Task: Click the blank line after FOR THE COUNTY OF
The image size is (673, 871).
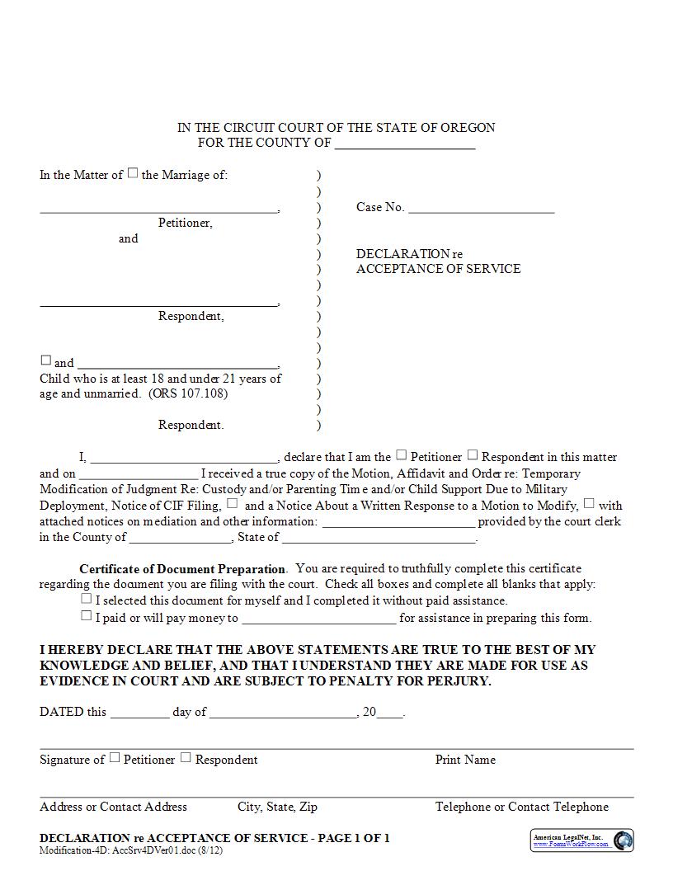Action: click(x=405, y=144)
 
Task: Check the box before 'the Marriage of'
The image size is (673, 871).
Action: click(x=133, y=174)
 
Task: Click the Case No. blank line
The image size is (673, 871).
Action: click(x=481, y=208)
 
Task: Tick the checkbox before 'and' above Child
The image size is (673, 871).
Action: click(x=46, y=360)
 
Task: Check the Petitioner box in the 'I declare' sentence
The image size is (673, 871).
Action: click(x=402, y=454)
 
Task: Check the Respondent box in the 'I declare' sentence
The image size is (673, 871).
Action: click(x=473, y=454)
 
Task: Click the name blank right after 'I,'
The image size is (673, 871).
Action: click(x=183, y=458)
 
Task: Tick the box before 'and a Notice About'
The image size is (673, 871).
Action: click(x=233, y=503)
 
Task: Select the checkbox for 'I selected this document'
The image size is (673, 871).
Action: click(x=87, y=599)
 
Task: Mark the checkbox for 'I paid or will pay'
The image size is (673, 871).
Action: click(x=87, y=615)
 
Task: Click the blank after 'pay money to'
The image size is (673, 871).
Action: click(x=318, y=619)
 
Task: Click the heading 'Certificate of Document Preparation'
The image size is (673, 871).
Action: click(x=182, y=569)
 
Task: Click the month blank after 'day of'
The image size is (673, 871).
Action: click(x=283, y=713)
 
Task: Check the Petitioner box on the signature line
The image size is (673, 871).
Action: click(x=115, y=757)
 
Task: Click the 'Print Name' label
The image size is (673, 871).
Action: click(x=465, y=760)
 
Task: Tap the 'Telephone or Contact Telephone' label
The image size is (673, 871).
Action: click(x=522, y=807)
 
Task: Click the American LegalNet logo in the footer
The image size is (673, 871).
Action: click(x=624, y=840)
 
